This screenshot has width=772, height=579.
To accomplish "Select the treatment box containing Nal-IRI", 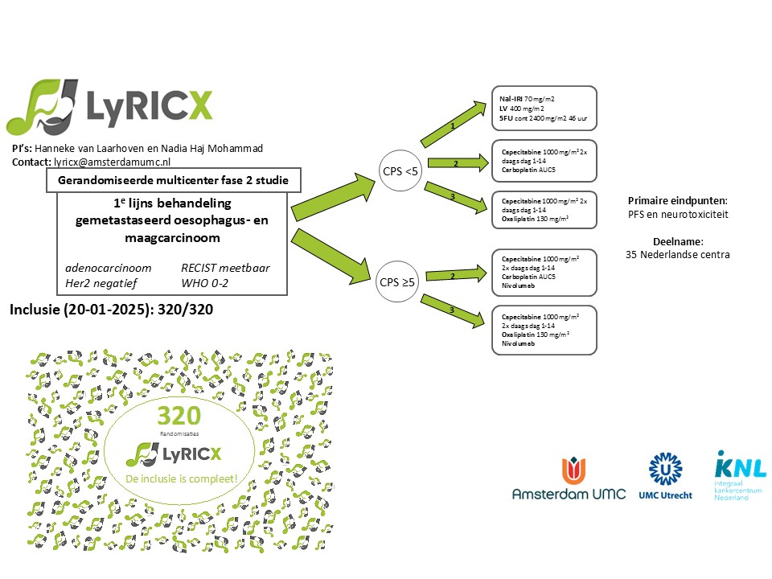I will tap(544, 108).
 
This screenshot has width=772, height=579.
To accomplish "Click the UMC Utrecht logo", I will tap(663, 476).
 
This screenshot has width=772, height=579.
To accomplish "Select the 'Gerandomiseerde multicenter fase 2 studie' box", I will tap(174, 181).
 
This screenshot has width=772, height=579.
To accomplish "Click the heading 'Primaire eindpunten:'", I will tap(677, 201).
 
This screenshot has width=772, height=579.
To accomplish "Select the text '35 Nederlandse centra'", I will tap(677, 255).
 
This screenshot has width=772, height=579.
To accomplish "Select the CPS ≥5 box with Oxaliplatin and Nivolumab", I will tap(544, 330).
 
